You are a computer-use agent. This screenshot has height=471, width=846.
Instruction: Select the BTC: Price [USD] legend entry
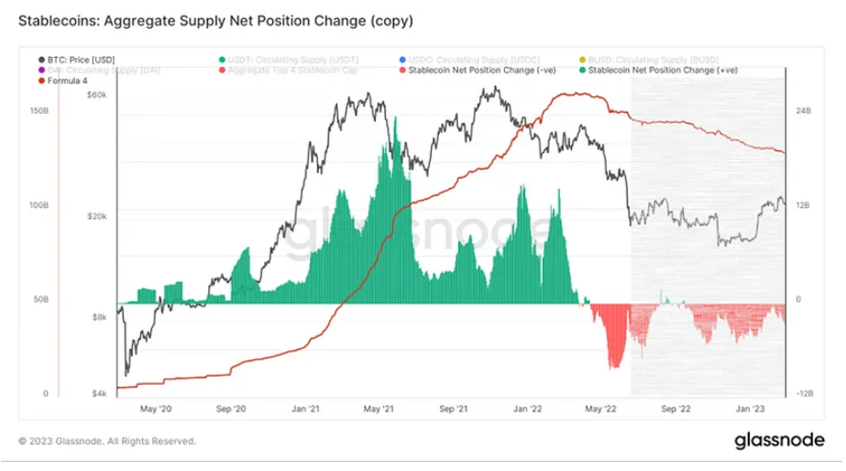point(82,60)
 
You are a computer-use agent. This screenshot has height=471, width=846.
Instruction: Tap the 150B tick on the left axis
point(39,111)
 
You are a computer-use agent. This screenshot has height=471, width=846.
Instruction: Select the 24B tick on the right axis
point(804,111)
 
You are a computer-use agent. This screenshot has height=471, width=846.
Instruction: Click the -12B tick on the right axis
point(803,394)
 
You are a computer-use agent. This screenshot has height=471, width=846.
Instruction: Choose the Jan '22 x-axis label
point(528,410)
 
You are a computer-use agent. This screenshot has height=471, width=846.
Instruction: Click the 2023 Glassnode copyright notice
point(107,442)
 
